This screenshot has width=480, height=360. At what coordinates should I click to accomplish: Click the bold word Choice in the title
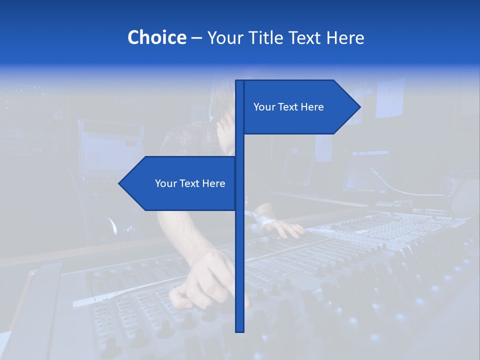(156, 37)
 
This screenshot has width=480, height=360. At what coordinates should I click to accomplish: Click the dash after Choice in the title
(196, 38)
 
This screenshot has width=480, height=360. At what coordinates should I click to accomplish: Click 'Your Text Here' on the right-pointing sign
(288, 107)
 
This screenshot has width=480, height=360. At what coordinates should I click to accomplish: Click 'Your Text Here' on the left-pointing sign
(190, 183)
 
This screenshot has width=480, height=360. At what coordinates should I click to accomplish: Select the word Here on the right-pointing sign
(312, 107)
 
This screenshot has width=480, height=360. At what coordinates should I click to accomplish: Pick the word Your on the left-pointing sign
(165, 183)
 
